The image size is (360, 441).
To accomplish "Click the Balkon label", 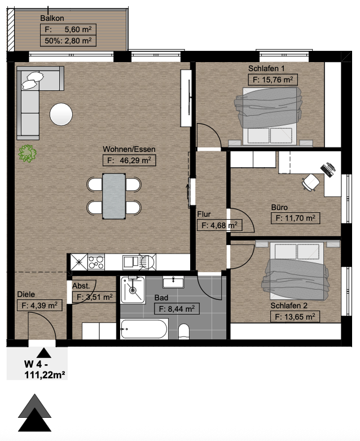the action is pos(52,18).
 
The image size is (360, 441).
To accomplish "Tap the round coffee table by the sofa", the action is pos(62,115).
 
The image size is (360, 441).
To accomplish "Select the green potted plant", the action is pos(27,153).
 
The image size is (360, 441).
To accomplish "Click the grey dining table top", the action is pos(114,196).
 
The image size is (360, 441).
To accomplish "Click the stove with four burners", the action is pos(96,262).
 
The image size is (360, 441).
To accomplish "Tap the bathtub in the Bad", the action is pos(144,329).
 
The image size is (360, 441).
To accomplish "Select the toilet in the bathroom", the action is pos(184,331).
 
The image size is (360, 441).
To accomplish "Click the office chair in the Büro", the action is pos(311,182).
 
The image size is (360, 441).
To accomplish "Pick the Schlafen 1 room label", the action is pos(266,68).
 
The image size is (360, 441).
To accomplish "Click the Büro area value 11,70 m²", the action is pos(295,218).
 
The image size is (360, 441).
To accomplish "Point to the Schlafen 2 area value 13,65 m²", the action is pos(295,317).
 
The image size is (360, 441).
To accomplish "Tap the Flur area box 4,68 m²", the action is pos(219,225).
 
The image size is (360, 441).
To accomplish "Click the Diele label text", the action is pos(26,294).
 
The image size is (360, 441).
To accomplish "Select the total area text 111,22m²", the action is pos(45,375).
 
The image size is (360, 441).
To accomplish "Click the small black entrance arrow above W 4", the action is pos(43,353).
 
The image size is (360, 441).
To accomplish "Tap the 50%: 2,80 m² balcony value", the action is pos(68,41).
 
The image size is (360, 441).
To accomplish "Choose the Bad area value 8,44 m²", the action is pos(177,309).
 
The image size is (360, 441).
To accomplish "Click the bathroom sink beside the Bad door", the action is pos(173,282).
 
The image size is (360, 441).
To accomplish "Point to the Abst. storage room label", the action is pos(81,286).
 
